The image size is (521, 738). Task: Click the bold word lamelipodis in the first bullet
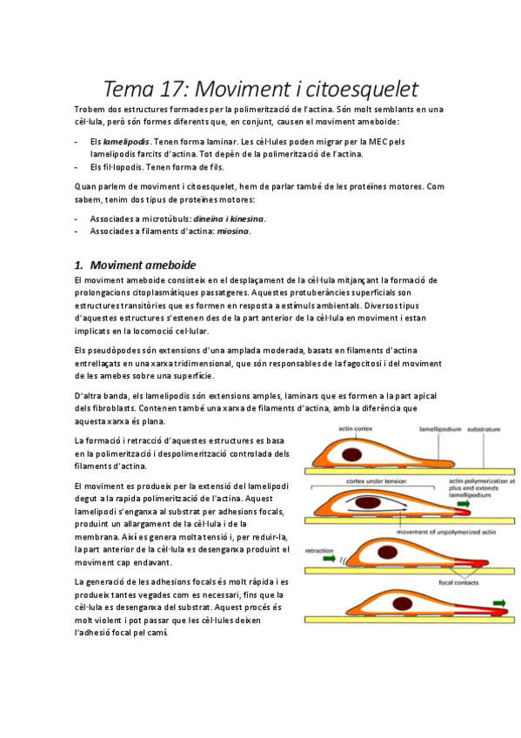click(x=126, y=141)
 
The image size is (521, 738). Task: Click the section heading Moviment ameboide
click(x=144, y=265)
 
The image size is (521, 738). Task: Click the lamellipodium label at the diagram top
click(x=422, y=428)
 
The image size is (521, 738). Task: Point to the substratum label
click(x=483, y=428)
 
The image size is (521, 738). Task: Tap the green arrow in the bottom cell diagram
click(x=501, y=600)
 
